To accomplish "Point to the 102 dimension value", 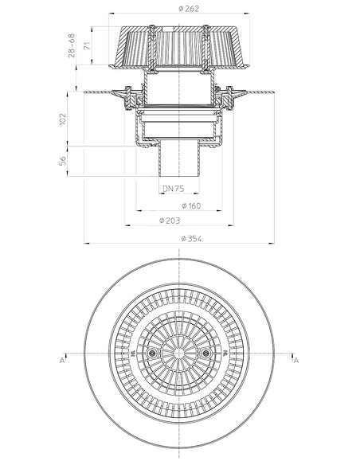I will (65, 119).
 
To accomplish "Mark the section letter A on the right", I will (295, 361).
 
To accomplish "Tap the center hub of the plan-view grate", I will (179, 354).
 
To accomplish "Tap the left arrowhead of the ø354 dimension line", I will (88, 244).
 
